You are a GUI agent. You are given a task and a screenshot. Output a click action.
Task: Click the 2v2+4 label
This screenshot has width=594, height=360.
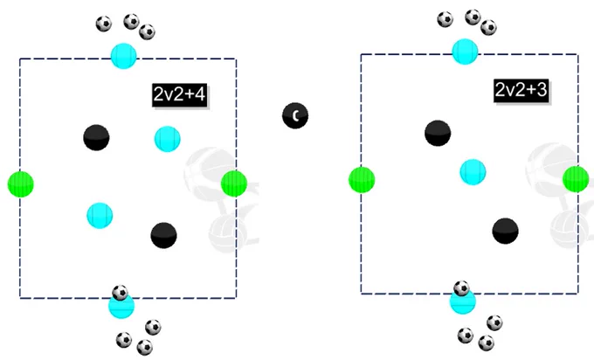(x=180, y=94)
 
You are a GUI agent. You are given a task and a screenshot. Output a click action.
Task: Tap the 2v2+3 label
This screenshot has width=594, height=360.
(x=521, y=91)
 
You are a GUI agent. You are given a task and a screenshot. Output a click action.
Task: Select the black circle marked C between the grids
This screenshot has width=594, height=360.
(x=295, y=115)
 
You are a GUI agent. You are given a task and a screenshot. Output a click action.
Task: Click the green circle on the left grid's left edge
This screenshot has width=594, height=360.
(x=21, y=184)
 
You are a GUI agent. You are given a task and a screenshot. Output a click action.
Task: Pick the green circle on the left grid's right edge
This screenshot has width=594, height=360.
(x=234, y=183)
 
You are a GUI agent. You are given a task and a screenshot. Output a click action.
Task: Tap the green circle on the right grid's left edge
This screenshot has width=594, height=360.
(x=362, y=180)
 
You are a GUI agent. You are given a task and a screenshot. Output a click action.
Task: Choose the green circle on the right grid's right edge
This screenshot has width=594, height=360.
(x=576, y=179)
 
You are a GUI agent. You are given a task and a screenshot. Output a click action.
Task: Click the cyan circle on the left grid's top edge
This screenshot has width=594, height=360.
(x=123, y=56)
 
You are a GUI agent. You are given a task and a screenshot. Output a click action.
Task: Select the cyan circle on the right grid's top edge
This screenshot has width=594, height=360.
(x=466, y=52)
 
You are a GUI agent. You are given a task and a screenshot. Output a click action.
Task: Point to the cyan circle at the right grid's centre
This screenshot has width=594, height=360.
(x=473, y=172)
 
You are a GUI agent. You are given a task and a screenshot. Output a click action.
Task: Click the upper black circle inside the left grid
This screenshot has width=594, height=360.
(x=96, y=137)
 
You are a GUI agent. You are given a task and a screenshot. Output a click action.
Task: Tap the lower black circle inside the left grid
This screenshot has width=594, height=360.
(x=163, y=235)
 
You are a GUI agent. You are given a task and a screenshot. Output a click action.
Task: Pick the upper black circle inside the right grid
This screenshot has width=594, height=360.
(x=438, y=133)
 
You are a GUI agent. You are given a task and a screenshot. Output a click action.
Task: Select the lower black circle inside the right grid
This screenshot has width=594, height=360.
(x=506, y=232)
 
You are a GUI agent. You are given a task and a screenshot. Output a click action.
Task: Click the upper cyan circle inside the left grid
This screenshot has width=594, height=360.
(x=168, y=139)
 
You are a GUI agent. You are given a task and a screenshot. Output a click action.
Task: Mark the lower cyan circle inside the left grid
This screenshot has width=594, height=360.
(x=100, y=216)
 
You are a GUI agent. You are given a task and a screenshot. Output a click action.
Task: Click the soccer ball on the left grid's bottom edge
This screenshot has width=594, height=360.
(x=120, y=293)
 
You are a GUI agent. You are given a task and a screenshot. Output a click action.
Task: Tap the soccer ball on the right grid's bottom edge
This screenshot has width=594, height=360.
(x=461, y=288)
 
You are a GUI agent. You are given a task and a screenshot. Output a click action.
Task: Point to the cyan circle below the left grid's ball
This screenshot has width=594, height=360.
(x=121, y=307)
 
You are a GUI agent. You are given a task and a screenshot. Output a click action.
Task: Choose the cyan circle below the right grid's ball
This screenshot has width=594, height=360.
(x=463, y=302)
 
